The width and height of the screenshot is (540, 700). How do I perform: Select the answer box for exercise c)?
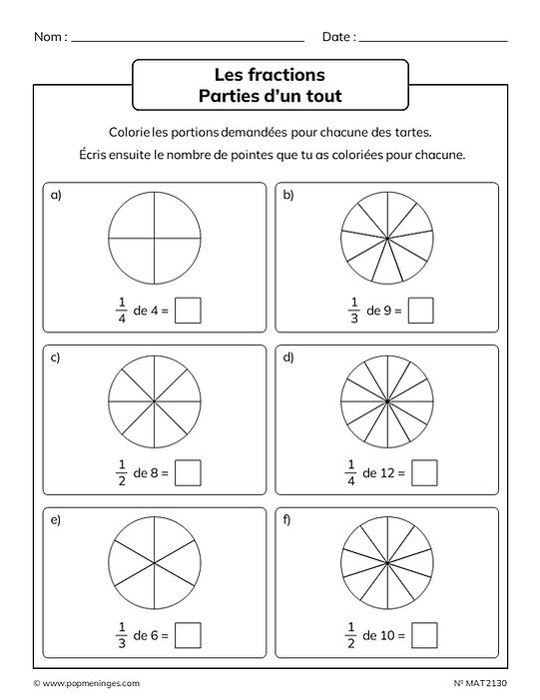click(x=188, y=471)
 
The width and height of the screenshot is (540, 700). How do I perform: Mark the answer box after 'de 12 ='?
click(x=425, y=471)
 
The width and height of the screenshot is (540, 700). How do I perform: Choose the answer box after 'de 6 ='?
click(x=188, y=633)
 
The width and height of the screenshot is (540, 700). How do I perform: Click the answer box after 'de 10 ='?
click(x=425, y=633)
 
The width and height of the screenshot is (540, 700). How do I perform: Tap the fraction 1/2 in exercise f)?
click(x=350, y=633)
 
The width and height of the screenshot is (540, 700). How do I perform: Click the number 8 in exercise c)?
click(x=154, y=472)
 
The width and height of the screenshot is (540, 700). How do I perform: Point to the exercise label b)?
click(x=289, y=196)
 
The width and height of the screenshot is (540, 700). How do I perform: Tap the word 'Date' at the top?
click(x=336, y=37)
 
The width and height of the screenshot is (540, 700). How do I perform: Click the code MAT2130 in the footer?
click(x=487, y=683)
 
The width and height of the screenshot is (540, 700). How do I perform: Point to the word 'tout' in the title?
click(x=320, y=96)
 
